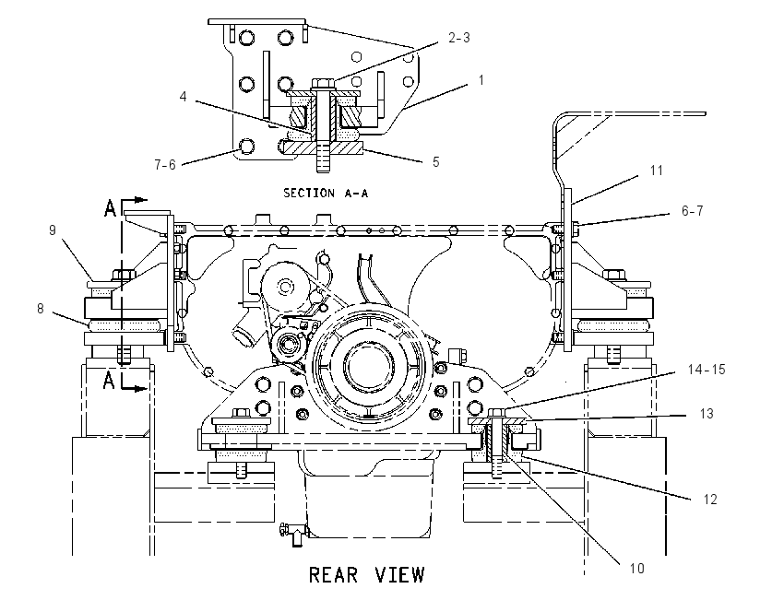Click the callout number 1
coord(481,80)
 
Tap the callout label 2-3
coord(459,38)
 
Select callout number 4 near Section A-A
coord(183,96)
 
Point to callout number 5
coord(436,162)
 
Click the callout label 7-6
coord(165,164)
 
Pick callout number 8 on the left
coord(41,309)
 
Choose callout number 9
coord(52,230)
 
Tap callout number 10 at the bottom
coord(636,568)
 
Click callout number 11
coord(657,171)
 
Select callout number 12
coord(710,499)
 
